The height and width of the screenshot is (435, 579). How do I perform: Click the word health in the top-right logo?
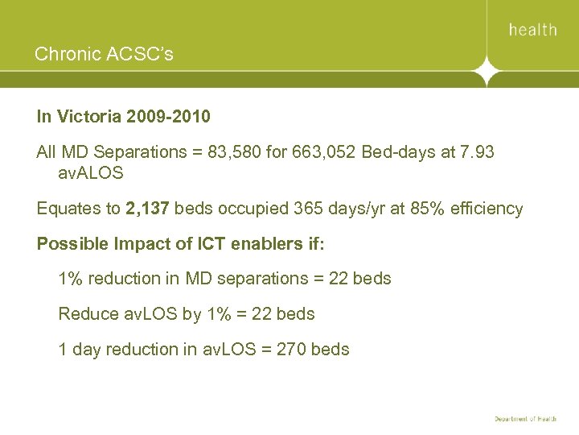click(x=532, y=30)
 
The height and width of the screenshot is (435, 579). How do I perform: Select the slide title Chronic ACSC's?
click(x=104, y=55)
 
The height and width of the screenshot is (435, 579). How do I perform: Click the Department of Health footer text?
click(x=525, y=420)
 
